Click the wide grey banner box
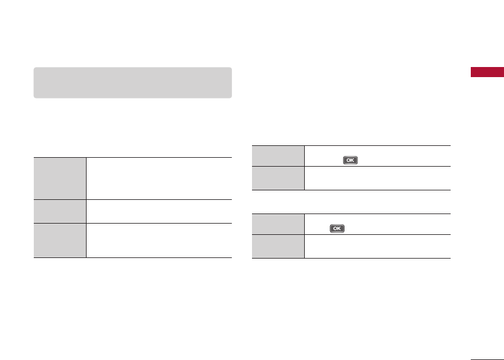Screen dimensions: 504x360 (x=132, y=82)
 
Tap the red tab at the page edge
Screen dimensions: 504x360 (x=487, y=72)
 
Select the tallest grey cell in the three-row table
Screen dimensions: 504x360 (x=60, y=178)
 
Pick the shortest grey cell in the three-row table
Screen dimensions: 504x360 (x=60, y=211)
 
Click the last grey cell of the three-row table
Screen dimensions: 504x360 (x=60, y=240)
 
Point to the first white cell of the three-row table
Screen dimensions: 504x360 (x=159, y=178)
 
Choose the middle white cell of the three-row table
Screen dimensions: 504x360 (x=159, y=211)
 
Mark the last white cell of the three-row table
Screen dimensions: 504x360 (x=159, y=240)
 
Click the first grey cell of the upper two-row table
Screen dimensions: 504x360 (x=278, y=155)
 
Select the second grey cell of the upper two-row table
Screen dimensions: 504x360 (x=278, y=178)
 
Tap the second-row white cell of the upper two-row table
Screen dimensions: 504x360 (x=378, y=178)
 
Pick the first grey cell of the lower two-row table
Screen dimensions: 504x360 (x=278, y=224)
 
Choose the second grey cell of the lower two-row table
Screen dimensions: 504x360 (x=278, y=246)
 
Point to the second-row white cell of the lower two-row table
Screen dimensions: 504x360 (x=378, y=246)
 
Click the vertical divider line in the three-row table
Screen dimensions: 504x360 (x=87, y=208)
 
